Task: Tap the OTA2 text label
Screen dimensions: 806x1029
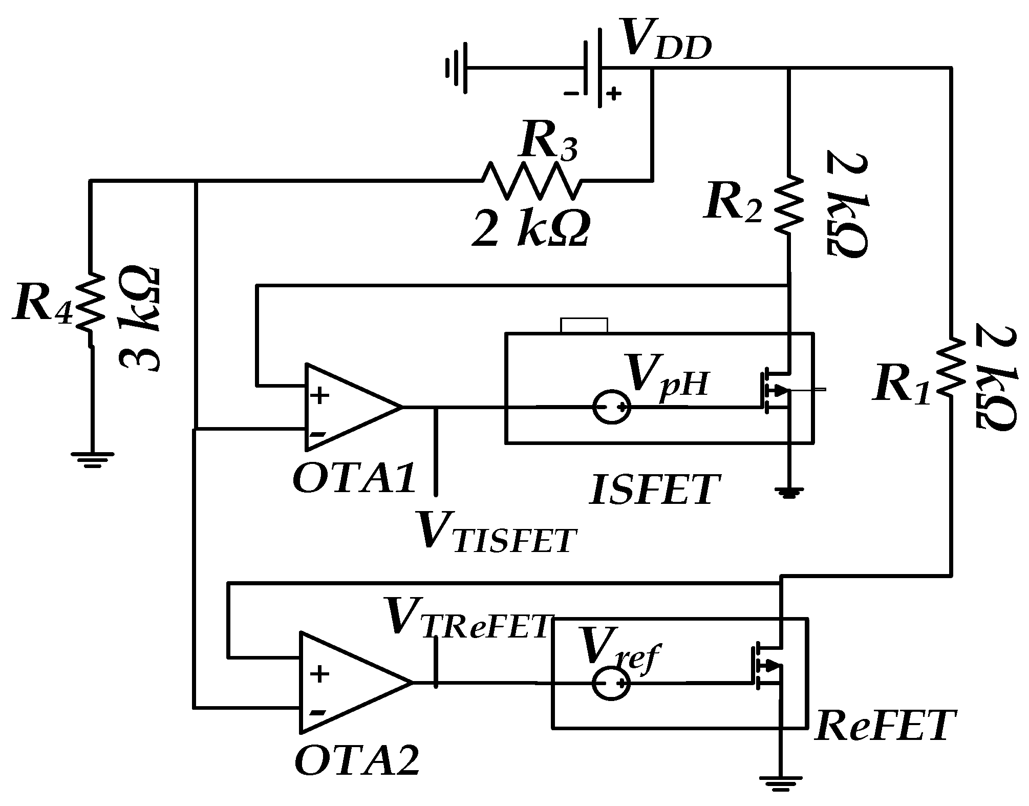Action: coord(357,761)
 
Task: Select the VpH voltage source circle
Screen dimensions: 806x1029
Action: coord(611,408)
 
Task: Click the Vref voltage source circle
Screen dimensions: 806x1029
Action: coord(611,683)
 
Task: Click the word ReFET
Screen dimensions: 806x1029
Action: coord(885,726)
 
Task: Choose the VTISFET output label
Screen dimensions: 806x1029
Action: coord(494,533)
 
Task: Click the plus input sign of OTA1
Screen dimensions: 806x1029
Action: coord(320,396)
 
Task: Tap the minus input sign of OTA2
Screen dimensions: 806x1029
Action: coord(317,712)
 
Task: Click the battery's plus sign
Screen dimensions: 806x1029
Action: coord(614,93)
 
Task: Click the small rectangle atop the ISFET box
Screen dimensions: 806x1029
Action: coord(584,326)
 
